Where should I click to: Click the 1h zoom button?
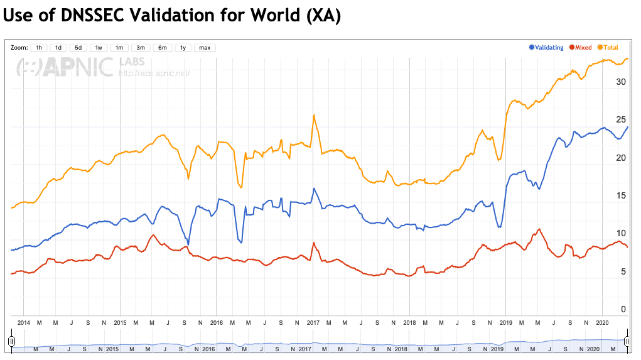38,48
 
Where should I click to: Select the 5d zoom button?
78,48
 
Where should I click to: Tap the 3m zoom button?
141,48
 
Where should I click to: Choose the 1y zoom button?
183,48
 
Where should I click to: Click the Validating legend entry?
546,48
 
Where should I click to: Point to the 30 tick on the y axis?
620,82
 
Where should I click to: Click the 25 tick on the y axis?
620,119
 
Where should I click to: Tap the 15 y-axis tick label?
620,195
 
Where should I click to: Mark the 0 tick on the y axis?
623,309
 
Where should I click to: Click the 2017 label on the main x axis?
313,322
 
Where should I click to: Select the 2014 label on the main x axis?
24,322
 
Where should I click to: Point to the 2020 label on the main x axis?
602,322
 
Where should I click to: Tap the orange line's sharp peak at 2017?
313,114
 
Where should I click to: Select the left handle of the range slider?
11,341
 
